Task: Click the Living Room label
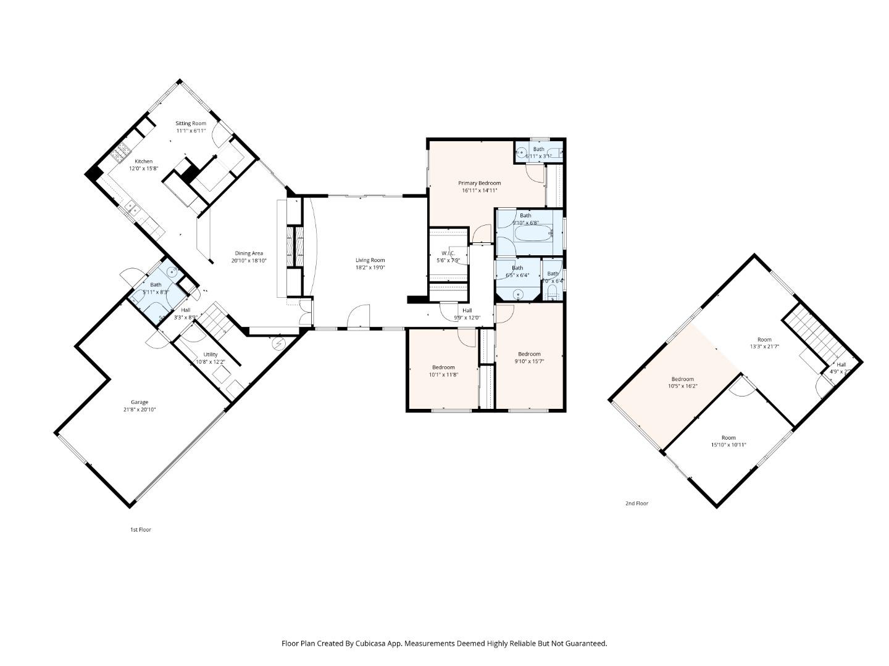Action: pos(370,260)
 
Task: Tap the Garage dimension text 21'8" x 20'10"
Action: pos(139,409)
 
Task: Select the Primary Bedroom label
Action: pos(479,183)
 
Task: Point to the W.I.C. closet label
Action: pos(448,253)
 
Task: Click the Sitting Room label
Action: pos(190,123)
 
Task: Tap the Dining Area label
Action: pos(249,253)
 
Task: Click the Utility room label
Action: pos(211,355)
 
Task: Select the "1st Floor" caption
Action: pos(140,530)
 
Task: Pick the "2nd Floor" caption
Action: pos(636,504)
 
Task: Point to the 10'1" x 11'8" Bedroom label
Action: pos(443,368)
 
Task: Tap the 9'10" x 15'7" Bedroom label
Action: pos(529,354)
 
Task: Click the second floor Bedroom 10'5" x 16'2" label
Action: pos(683,379)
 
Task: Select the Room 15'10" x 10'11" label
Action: pos(728,438)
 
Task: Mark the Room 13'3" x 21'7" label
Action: pos(764,340)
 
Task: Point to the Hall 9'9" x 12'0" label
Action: pos(467,310)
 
